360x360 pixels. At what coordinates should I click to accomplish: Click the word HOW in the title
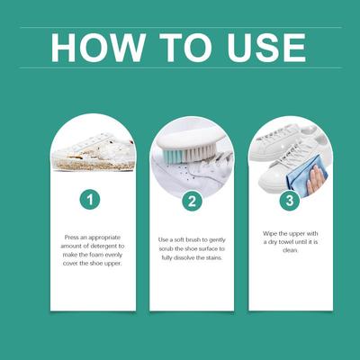[x=98, y=48]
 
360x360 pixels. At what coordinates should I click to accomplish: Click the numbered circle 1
[x=90, y=200]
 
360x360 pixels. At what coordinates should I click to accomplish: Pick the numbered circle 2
[x=192, y=201]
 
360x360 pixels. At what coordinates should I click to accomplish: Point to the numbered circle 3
[x=290, y=201]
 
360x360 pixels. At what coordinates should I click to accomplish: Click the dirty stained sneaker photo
[x=93, y=153]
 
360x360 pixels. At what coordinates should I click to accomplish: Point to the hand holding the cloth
[x=316, y=179]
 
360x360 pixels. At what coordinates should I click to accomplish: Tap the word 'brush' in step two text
[x=193, y=239]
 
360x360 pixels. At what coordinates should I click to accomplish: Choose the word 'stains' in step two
[x=213, y=257]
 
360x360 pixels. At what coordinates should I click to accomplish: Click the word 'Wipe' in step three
[x=269, y=233]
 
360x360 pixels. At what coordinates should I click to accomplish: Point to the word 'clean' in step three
[x=290, y=250]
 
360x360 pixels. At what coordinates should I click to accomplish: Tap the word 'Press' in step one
[x=71, y=238]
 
